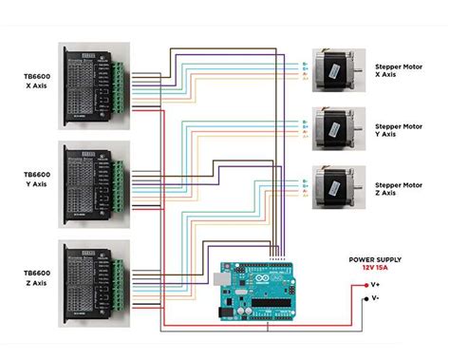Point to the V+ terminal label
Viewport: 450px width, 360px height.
tap(375, 284)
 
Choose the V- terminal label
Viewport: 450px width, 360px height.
tap(375, 297)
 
